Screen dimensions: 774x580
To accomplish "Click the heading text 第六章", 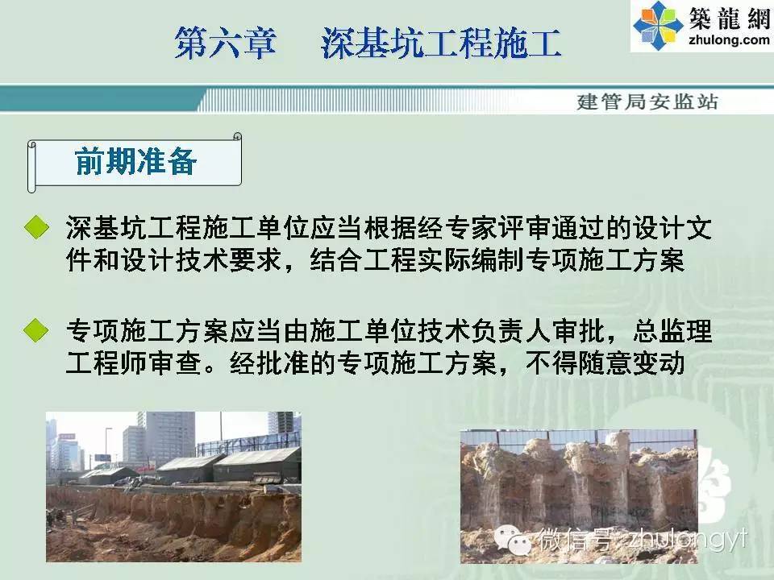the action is click(225, 43).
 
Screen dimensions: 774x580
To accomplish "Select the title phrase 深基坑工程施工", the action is click(441, 43).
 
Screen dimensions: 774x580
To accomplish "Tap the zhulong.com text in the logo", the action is click(729, 39).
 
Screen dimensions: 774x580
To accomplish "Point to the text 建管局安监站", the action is click(647, 101).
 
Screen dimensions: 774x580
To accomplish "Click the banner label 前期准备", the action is click(135, 161).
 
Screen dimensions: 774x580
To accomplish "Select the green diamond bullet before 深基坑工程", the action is click(36, 227).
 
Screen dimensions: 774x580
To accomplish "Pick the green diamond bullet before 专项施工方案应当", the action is click(36, 330).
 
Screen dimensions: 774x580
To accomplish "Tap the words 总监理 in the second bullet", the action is click(672, 330).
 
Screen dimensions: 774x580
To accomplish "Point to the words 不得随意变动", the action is click(605, 363).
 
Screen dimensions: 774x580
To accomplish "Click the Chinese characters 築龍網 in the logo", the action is click(729, 19).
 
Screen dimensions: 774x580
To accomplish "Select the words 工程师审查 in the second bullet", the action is click(133, 363).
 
